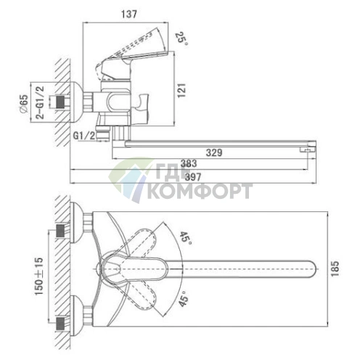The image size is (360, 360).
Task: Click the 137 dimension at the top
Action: coord(129,14)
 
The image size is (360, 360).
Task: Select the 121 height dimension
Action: coord(181,91)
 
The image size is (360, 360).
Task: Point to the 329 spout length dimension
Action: coord(214,153)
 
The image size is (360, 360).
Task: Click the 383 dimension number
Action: coord(189,163)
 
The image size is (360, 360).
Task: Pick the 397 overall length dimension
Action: coord(193,177)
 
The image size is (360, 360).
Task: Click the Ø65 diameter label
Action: coord(24,103)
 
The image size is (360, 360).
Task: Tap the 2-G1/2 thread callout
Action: coord(40,102)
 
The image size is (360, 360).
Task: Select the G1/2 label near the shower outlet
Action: coord(84,136)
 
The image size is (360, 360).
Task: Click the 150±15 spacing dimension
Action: coord(39,276)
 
